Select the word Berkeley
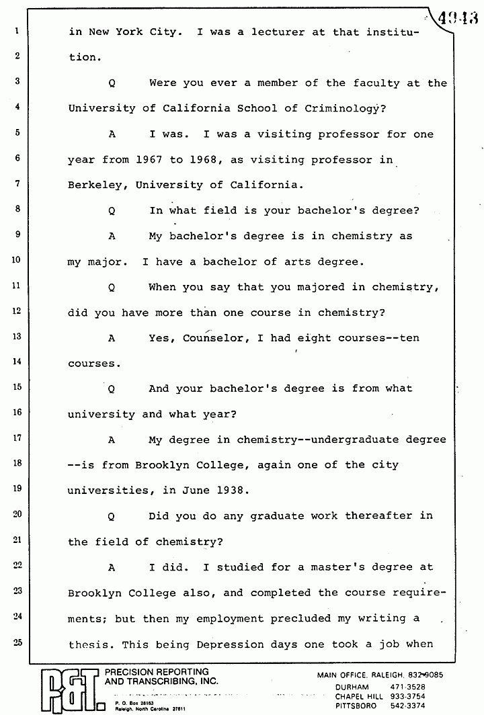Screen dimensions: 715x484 94,185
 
